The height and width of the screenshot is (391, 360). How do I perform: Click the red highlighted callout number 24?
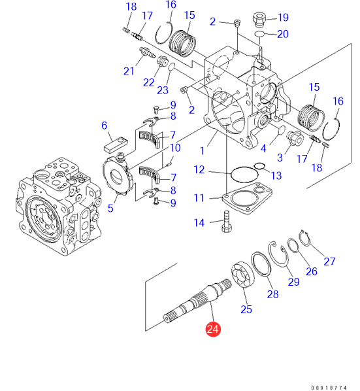click(213, 329)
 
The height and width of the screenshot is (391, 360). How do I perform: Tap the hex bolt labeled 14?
click(226, 222)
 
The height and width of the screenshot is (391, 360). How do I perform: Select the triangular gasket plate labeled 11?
click(247, 198)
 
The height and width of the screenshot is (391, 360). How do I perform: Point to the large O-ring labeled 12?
click(244, 174)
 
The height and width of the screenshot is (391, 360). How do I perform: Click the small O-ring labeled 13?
click(259, 165)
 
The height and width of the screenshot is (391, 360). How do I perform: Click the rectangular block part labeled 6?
click(116, 144)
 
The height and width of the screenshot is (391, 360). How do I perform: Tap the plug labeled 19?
click(259, 20)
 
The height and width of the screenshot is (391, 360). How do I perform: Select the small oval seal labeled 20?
click(260, 33)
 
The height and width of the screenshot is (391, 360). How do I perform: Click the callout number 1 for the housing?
click(202, 150)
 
